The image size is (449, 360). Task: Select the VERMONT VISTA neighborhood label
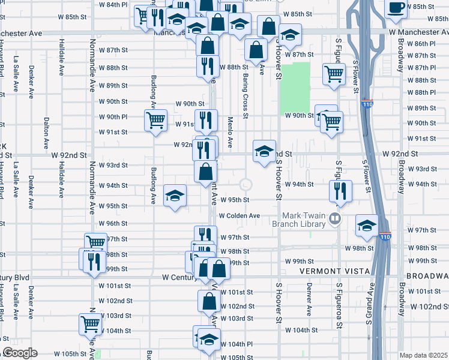pyautogui.click(x=330, y=271)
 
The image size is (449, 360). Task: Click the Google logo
pyautogui.click(x=20, y=353)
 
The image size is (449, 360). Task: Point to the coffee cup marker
pyautogui.click(x=396, y=8)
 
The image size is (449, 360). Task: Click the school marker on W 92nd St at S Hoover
pyautogui.click(x=264, y=151)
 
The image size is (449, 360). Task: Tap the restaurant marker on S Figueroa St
pyautogui.click(x=340, y=191)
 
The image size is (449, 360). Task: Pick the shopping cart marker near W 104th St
pyautogui.click(x=90, y=323)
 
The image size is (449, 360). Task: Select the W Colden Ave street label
pyautogui.click(x=239, y=215)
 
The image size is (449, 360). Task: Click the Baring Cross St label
pyautogui.click(x=246, y=93)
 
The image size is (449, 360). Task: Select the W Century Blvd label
pyautogui.click(x=180, y=277)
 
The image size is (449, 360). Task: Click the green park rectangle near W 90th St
pyautogui.click(x=295, y=88)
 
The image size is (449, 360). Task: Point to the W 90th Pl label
pyautogui.click(x=113, y=116)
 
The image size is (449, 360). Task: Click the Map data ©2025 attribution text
pyautogui.click(x=423, y=355)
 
